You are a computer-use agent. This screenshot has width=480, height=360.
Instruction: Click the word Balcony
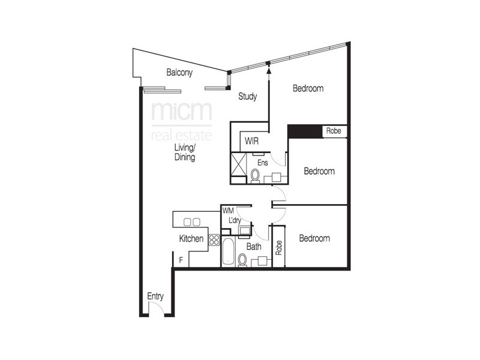pyautogui.click(x=179, y=73)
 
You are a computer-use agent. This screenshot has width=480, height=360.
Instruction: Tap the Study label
pyautogui.click(x=248, y=96)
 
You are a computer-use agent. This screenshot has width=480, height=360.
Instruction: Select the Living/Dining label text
pyautogui.click(x=185, y=152)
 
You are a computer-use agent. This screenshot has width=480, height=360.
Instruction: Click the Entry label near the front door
pyautogui.click(x=155, y=296)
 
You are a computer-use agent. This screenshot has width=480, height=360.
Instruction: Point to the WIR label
pyautogui.click(x=251, y=142)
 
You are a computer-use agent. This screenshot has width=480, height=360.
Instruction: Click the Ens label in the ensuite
pyautogui.click(x=262, y=162)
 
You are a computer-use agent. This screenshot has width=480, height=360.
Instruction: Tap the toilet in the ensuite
pyautogui.click(x=255, y=175)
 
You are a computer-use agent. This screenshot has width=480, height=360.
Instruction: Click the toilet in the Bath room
pyautogui.click(x=242, y=260)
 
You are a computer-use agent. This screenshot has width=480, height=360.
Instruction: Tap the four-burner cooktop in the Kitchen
pyautogui.click(x=214, y=239)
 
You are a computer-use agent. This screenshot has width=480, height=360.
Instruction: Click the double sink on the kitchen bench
pyautogui.click(x=191, y=221)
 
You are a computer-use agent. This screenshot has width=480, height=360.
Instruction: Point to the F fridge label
pyautogui.click(x=181, y=260)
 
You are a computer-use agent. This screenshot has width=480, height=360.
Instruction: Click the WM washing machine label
pyautogui.click(x=227, y=211)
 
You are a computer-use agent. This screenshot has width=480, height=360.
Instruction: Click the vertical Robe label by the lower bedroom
pyautogui.click(x=278, y=248)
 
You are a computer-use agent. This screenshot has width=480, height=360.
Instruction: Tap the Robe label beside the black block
pyautogui.click(x=333, y=131)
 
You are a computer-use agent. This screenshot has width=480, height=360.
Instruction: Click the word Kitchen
pyautogui.click(x=191, y=239)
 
